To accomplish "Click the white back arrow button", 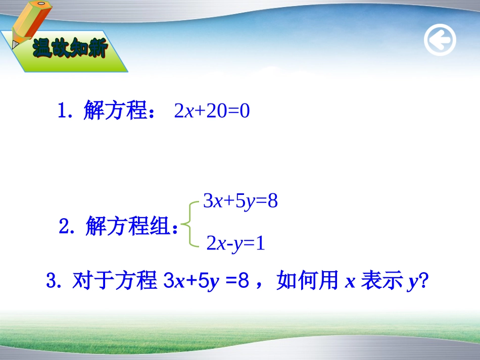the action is (x=440, y=40).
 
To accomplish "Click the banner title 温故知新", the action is (x=70, y=48).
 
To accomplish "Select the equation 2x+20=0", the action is (x=212, y=111).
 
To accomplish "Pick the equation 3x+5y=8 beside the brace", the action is (x=241, y=201).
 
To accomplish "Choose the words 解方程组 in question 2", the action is (x=128, y=226).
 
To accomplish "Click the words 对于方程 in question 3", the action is (x=115, y=280).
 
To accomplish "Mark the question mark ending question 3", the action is (x=424, y=280).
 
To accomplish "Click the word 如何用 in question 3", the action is (x=307, y=280).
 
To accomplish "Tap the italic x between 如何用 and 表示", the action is (x=350, y=282).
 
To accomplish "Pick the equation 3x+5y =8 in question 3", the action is (x=206, y=281).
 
